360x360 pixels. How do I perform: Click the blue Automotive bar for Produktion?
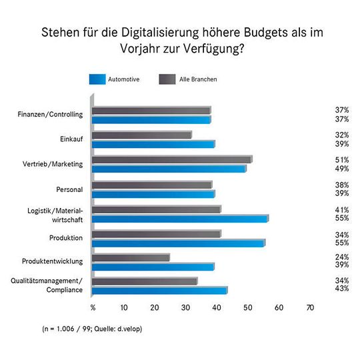pyautogui.click(x=178, y=243)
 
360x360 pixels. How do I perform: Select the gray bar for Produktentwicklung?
pyautogui.click(x=131, y=257)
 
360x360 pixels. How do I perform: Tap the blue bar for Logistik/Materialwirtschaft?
pyautogui.click(x=180, y=218)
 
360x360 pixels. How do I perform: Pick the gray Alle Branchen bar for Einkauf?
pyautogui.click(x=141, y=135)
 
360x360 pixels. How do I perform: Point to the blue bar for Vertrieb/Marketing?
pyautogui.click(x=169, y=169)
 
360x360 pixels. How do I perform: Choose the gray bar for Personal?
pyautogui.click(x=151, y=185)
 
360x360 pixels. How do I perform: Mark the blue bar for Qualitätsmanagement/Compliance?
pyautogui.click(x=159, y=291)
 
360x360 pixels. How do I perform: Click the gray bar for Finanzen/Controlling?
pyautogui.click(x=151, y=111)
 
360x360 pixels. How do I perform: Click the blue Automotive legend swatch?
pyautogui.click(x=107, y=79)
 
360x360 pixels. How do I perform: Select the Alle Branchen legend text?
pyautogui.click(x=199, y=79)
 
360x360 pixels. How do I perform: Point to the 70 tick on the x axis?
pyautogui.click(x=309, y=308)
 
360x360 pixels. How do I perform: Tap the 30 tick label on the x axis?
pyautogui.click(x=186, y=308)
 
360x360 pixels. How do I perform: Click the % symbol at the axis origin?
pyautogui.click(x=93, y=308)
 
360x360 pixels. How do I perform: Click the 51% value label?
pyautogui.click(x=341, y=159)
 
